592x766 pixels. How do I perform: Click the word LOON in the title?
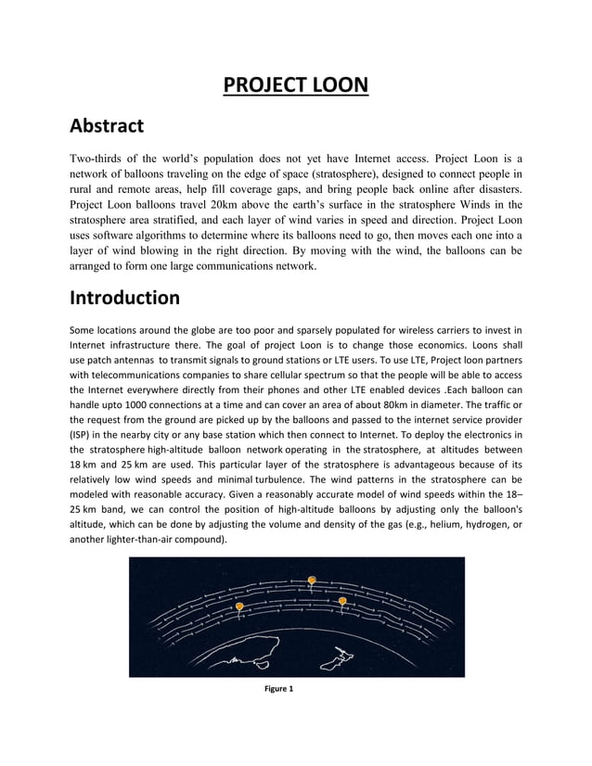pos(333,86)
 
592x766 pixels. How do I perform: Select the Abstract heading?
pos(107,125)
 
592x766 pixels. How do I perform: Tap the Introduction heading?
pos(125,299)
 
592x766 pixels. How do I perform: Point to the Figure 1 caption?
pos(278,689)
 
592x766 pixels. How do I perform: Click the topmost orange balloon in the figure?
pos(313,581)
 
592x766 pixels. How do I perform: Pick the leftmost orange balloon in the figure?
pos(239,607)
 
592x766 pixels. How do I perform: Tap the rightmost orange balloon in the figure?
pos(342,602)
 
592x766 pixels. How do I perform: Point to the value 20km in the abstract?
pos(226,204)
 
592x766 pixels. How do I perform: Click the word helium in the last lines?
pos(403,523)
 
